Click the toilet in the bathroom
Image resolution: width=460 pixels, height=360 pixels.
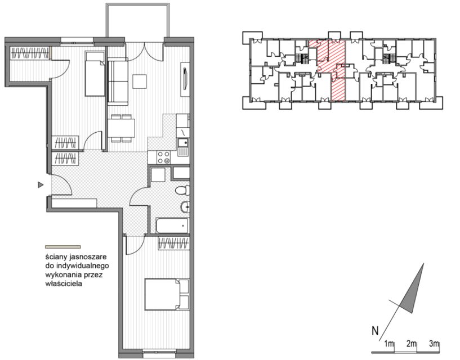click(182, 191)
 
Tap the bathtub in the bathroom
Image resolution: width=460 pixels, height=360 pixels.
click(172, 226)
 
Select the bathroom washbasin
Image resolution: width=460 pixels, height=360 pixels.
click(185, 207)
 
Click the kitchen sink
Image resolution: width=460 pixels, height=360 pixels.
click(184, 143)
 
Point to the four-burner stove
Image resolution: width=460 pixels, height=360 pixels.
click(163, 157)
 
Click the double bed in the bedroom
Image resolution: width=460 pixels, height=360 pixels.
click(167, 295)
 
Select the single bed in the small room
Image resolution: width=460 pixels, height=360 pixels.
click(95, 74)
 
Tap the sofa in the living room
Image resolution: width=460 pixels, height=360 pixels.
click(118, 82)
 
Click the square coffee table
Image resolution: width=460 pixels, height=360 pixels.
click(139, 81)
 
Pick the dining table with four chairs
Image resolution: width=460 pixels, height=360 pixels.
click(122, 128)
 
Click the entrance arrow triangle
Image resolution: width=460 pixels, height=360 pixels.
click(41, 184)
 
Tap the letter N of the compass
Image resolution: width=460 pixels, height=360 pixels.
click(375, 331)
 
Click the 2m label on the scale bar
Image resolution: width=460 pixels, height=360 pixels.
click(412, 343)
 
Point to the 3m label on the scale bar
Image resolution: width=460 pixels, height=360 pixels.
click(434, 343)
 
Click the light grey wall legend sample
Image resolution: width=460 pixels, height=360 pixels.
click(63, 247)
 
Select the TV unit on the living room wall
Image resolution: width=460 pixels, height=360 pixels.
click(185, 79)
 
